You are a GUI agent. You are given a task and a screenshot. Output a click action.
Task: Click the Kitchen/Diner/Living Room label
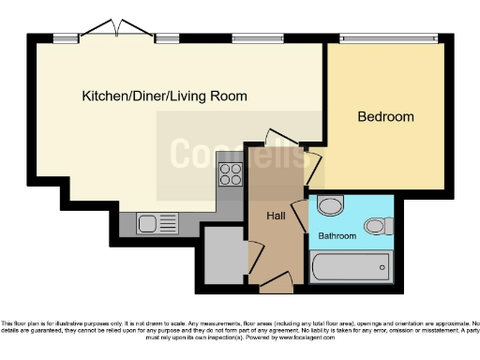pos(164,96)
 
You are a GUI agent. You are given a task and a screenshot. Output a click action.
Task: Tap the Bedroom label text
pos(385,117)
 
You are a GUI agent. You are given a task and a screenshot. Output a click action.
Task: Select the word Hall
pos(277,216)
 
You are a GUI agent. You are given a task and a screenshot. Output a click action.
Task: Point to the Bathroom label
pos(337,236)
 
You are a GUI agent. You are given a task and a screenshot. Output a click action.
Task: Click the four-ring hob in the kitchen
pos(230,173)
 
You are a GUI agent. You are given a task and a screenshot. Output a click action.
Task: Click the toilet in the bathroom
pos(379,225)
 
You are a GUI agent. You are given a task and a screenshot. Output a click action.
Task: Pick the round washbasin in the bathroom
pos(330,206)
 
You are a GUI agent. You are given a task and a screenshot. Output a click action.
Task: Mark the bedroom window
pos(387,38)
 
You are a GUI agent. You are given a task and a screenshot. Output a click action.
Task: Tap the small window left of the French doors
pos(66,38)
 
